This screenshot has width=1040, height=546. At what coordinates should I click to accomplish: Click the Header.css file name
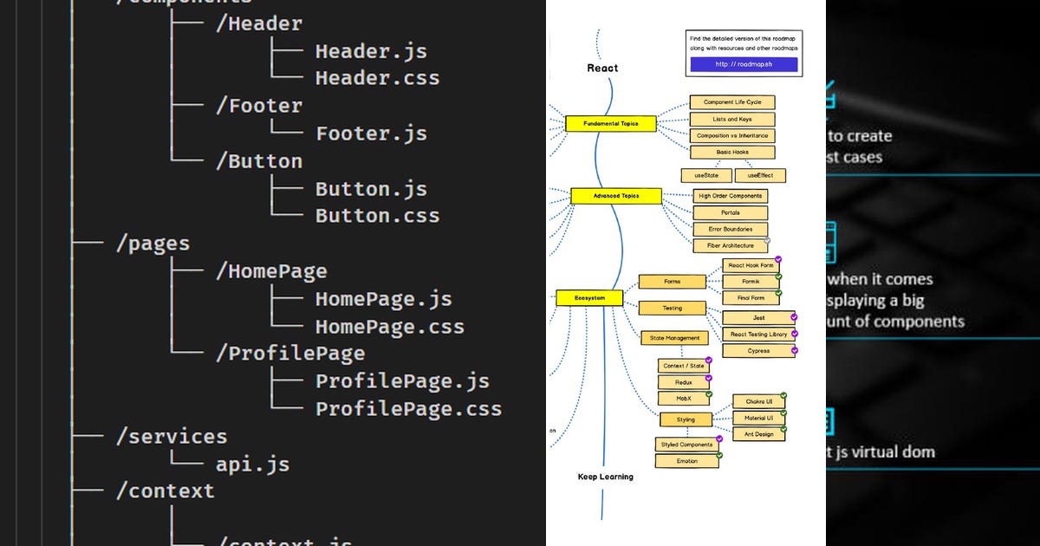coord(377,78)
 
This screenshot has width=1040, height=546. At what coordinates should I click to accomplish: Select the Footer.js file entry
coord(371,133)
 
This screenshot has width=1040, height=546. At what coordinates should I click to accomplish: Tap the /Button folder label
coord(259,161)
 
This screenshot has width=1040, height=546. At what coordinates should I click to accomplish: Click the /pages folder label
coord(153,244)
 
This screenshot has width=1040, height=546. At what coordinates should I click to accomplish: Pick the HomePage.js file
coord(383,299)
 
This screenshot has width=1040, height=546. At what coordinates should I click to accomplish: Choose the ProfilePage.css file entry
coord(408,408)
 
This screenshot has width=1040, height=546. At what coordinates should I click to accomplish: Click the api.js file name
coord(252,464)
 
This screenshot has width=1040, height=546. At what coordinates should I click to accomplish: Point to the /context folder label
coord(165,491)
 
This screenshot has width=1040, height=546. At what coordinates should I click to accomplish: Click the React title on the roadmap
coord(602,68)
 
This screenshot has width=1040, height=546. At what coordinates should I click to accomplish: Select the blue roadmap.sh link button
coord(744,64)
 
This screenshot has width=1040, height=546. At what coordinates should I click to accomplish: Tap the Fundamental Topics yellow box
coord(610,124)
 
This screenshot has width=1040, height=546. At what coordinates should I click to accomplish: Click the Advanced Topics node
coord(615,196)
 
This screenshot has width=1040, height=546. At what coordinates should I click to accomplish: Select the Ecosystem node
coord(589,298)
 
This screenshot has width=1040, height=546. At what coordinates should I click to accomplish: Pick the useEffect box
coord(759,175)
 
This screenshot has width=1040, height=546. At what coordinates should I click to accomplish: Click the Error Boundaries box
coord(730,229)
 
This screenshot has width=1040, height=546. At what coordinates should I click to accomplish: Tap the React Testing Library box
coord(757,334)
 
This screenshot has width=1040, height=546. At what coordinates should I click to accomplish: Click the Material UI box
coord(758,418)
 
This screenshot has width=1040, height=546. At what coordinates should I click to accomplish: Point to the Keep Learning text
coord(605,477)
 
